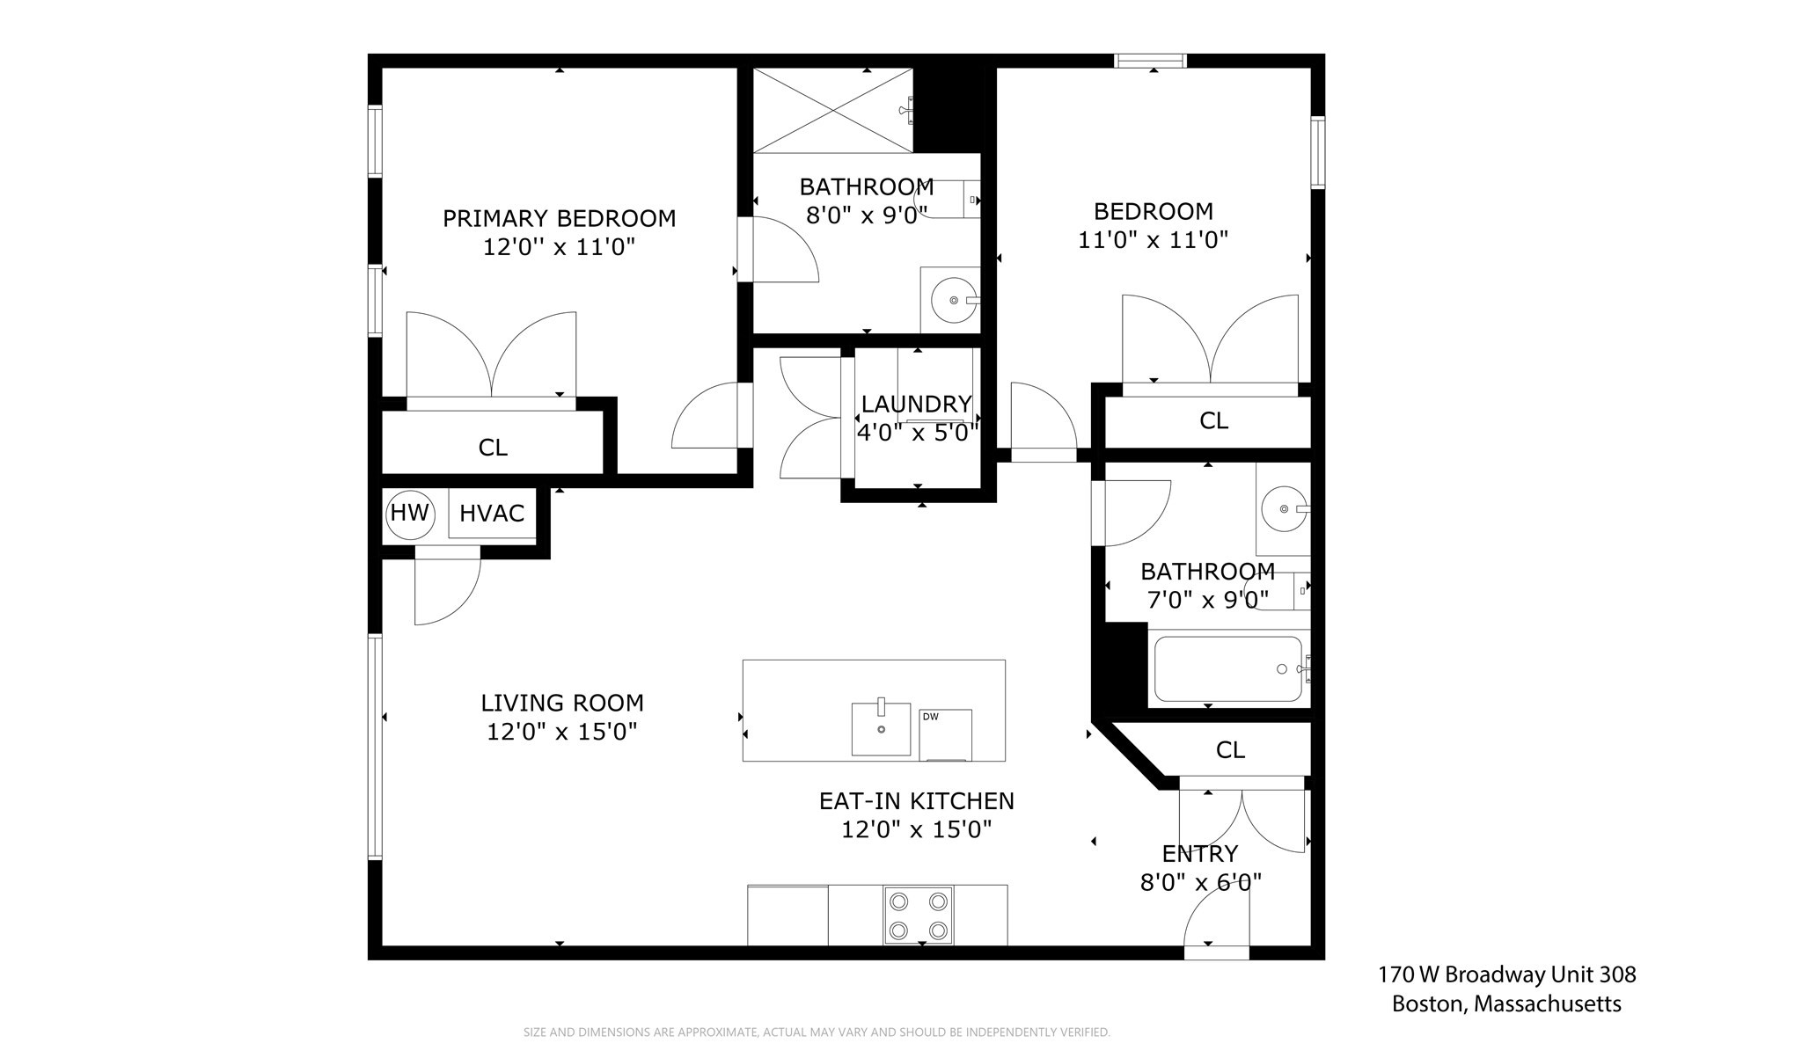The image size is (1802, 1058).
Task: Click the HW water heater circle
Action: click(410, 513)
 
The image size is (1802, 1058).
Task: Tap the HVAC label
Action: click(492, 514)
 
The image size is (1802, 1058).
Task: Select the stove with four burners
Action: click(918, 915)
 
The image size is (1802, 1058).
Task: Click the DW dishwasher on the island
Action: click(945, 735)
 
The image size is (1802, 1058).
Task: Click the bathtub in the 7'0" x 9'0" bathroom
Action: click(1228, 669)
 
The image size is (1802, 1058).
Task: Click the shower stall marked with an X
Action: click(832, 110)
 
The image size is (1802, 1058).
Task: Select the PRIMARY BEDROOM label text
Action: click(559, 218)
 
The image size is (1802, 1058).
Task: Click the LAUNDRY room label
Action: click(916, 404)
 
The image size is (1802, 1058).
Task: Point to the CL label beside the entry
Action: click(1230, 750)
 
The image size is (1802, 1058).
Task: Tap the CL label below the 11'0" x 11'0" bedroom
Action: click(1213, 421)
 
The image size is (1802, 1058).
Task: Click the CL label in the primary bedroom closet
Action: click(493, 448)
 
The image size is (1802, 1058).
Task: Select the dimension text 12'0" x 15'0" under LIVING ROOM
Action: click(562, 732)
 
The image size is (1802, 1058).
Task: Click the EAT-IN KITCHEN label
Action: click(916, 801)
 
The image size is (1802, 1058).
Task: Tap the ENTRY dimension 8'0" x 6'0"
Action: click(1201, 882)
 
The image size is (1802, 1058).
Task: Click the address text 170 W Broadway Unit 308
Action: click(1506, 974)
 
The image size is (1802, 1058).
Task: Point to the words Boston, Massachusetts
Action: click(1506, 1003)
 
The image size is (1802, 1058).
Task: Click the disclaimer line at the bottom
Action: click(817, 1032)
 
